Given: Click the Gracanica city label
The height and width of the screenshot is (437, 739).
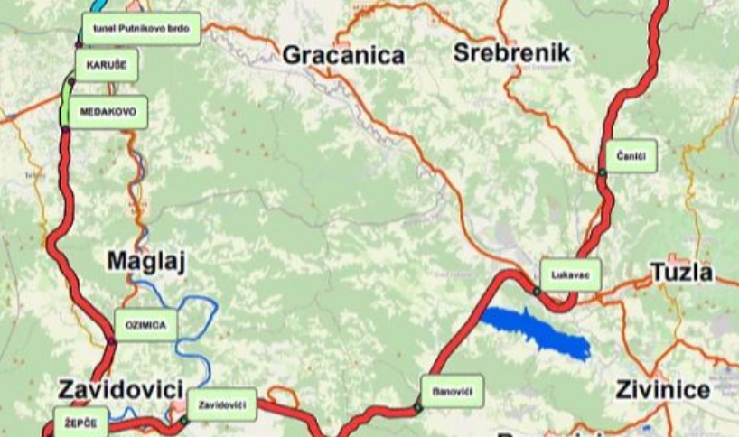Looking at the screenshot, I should pyautogui.click(x=343, y=55).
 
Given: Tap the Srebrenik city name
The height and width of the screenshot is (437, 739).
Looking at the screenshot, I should pyautogui.click(x=512, y=52).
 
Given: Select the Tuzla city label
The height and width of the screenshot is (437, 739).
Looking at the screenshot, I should pyautogui.click(x=681, y=273).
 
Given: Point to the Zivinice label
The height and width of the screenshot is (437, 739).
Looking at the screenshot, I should pyautogui.click(x=662, y=390).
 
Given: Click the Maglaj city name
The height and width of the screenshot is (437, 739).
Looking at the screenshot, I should pyautogui.click(x=145, y=262).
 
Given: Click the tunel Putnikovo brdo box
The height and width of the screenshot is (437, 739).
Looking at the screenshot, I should pyautogui.click(x=140, y=29).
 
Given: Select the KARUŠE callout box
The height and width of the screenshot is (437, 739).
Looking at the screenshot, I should pyautogui.click(x=106, y=65).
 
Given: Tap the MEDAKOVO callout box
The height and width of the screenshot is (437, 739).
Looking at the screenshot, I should pyautogui.click(x=107, y=111).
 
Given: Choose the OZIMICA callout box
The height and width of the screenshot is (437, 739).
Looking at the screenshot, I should pyautogui.click(x=145, y=325).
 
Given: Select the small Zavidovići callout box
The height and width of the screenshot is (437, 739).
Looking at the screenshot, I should pyautogui.click(x=222, y=404).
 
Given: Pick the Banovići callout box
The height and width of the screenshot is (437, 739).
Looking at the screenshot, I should pyautogui.click(x=452, y=392).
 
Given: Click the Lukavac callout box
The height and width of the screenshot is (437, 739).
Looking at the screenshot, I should pyautogui.click(x=570, y=274).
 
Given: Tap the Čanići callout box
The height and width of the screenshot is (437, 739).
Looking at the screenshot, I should pyautogui.click(x=631, y=156).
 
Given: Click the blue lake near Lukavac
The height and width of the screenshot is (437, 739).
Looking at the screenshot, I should pyautogui.click(x=538, y=332).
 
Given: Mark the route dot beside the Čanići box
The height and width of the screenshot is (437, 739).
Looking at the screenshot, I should pyautogui.click(x=602, y=171).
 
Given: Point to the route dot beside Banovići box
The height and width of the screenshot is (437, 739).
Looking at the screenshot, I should pyautogui.click(x=418, y=408).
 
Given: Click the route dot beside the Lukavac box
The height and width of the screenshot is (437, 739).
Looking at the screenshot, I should pyautogui.click(x=536, y=291).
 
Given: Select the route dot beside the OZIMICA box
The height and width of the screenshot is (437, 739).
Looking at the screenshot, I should pyautogui.click(x=111, y=340).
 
